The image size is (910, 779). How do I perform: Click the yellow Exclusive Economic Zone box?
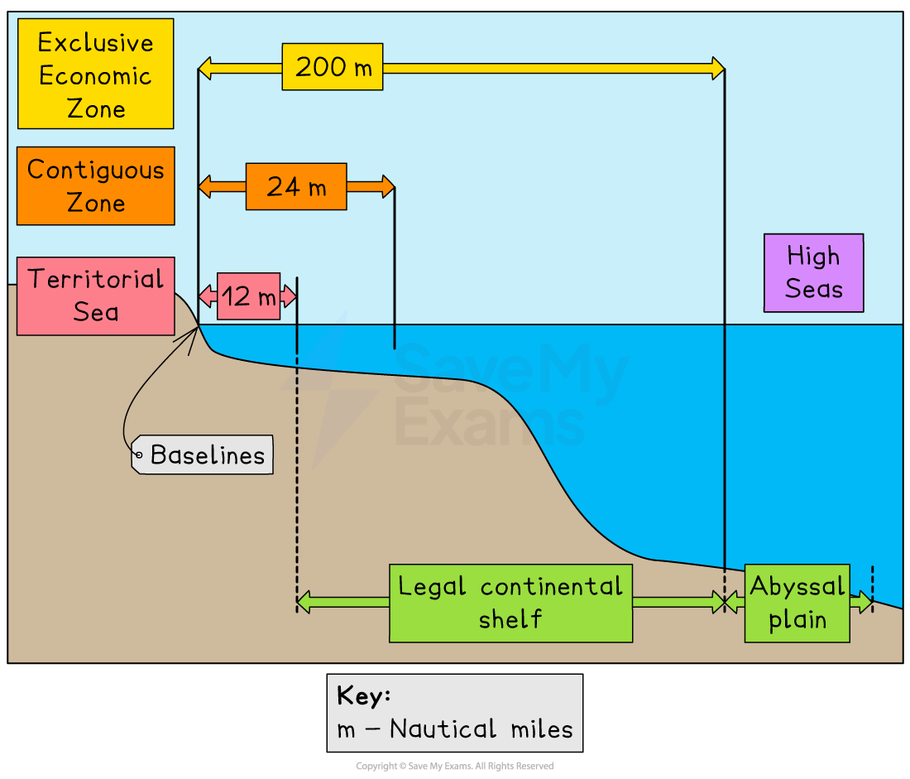(95, 75)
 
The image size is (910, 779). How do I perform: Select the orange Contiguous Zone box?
(95, 186)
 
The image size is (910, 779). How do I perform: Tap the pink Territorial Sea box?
(95, 296)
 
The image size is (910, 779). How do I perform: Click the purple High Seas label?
(813, 272)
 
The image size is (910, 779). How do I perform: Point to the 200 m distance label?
(333, 67)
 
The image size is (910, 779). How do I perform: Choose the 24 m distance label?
(296, 186)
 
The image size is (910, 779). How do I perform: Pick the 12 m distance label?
(248, 296)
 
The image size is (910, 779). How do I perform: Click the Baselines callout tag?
(207, 454)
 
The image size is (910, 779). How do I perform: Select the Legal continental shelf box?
(510, 603)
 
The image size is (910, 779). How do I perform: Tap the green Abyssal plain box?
(797, 603)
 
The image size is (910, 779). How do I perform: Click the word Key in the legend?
(363, 696)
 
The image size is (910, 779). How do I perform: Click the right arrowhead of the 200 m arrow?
(718, 68)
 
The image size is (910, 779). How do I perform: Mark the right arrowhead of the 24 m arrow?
(388, 186)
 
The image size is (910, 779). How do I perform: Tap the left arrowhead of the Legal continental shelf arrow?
(304, 602)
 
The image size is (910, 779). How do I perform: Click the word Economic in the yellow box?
(95, 75)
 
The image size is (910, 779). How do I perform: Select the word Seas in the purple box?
(814, 289)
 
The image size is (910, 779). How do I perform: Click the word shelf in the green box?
(510, 619)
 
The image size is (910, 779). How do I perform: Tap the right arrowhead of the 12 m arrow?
(289, 296)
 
